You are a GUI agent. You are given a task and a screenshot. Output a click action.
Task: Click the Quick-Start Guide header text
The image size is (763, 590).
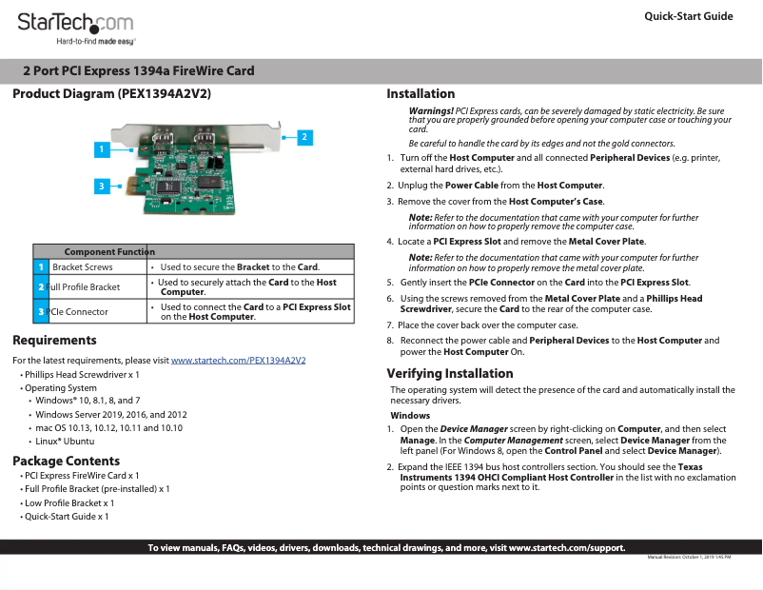[x=688, y=16]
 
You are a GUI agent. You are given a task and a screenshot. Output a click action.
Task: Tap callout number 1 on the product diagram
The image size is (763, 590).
[x=100, y=149]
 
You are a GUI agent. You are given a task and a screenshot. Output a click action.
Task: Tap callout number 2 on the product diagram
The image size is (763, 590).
[x=303, y=137]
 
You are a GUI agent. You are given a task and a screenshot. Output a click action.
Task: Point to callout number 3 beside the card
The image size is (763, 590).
[x=100, y=186]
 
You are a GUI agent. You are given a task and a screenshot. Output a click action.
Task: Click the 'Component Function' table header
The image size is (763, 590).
[x=109, y=251]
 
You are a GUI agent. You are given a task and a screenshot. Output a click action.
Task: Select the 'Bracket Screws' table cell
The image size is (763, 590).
[x=83, y=267]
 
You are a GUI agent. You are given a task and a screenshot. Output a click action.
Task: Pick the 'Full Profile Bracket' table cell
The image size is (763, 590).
[x=84, y=286]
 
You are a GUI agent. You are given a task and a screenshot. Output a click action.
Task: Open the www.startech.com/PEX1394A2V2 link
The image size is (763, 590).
[x=238, y=361]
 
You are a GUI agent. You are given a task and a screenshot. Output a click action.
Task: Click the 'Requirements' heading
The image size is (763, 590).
[x=54, y=340]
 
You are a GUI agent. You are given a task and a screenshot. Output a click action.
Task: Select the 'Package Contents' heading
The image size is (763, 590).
[x=66, y=462]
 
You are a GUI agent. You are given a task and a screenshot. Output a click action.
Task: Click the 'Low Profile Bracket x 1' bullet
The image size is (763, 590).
[x=69, y=502]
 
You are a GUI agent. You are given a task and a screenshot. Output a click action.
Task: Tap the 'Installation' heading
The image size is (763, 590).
[x=421, y=93]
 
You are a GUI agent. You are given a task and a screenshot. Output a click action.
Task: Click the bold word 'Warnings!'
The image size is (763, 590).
[x=431, y=111]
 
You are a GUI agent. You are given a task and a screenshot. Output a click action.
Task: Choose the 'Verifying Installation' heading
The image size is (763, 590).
[x=450, y=373]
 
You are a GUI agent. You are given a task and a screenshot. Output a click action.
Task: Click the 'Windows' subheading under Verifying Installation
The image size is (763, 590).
[x=410, y=416]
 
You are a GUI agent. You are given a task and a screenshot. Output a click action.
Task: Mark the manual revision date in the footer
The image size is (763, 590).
[x=689, y=556]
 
